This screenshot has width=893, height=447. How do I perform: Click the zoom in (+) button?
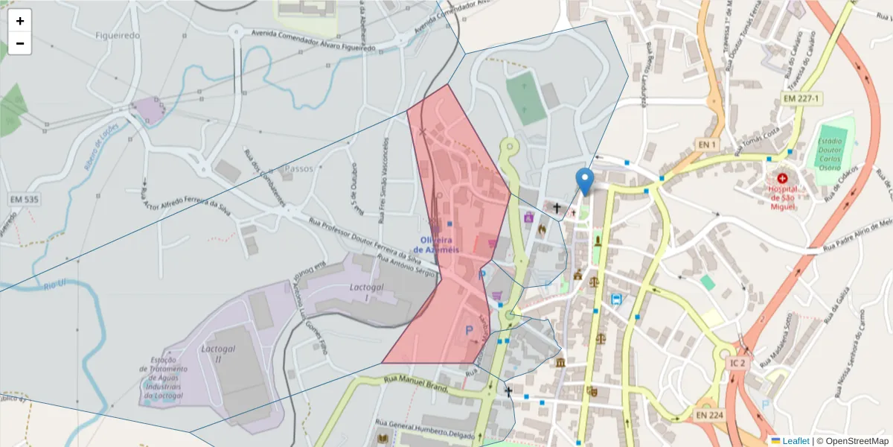point(20,21)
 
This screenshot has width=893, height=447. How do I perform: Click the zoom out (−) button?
point(20,43)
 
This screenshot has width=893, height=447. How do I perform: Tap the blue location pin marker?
point(585,181)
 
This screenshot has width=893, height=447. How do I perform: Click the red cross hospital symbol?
point(782,179)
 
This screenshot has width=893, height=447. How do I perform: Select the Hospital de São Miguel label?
point(782,197)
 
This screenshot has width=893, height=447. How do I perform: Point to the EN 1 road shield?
point(706,144)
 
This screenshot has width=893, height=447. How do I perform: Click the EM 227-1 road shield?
point(801,98)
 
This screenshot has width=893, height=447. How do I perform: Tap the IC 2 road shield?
point(737,363)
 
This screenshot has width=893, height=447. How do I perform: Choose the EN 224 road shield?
point(710,414)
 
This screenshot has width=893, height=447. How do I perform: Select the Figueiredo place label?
point(118,35)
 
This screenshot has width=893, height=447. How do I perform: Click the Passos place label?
point(299,169)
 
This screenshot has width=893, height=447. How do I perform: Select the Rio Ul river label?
point(55,284)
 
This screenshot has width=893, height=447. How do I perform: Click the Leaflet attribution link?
point(795,441)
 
